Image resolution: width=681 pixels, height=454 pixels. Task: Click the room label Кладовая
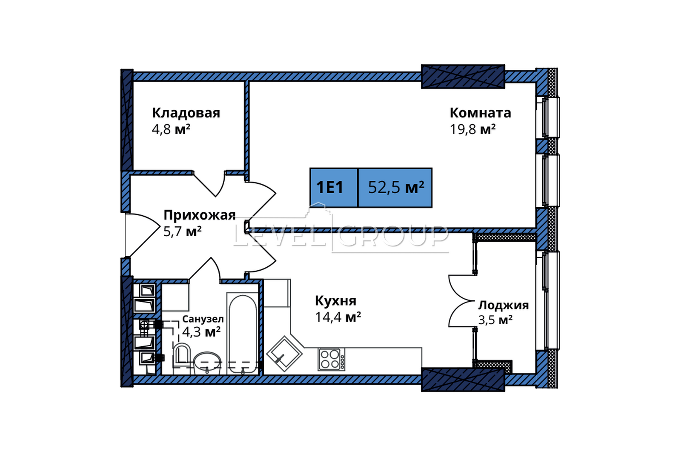click(x=186, y=113)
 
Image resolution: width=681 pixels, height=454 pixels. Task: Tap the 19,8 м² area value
click(x=472, y=129)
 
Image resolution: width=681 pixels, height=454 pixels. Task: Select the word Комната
click(x=481, y=113)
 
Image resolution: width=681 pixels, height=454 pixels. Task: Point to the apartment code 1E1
click(x=329, y=187)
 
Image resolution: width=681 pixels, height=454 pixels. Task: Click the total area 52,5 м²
click(x=396, y=187)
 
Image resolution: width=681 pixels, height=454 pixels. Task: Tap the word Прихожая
click(x=200, y=215)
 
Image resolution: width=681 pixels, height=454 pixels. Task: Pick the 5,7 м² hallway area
click(x=183, y=231)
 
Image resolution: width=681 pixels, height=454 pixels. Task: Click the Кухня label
click(x=336, y=301)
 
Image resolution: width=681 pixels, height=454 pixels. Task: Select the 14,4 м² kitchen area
click(x=338, y=317)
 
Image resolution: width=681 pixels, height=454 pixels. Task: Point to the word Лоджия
click(x=504, y=306)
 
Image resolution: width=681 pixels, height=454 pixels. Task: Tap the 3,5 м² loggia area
click(x=495, y=320)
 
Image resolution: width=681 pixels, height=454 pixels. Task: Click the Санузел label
click(x=203, y=319)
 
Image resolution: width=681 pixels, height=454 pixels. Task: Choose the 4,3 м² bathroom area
click(x=201, y=332)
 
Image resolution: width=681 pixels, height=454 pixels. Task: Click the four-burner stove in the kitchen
click(x=332, y=359)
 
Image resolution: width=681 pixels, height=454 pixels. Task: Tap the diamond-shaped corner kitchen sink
click(x=284, y=354)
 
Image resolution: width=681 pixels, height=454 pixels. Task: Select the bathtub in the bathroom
click(x=243, y=334)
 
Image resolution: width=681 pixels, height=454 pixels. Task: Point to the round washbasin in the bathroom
click(x=207, y=363)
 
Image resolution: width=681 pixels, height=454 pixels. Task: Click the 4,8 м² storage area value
click(x=171, y=129)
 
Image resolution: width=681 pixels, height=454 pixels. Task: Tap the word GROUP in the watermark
click(x=393, y=236)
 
